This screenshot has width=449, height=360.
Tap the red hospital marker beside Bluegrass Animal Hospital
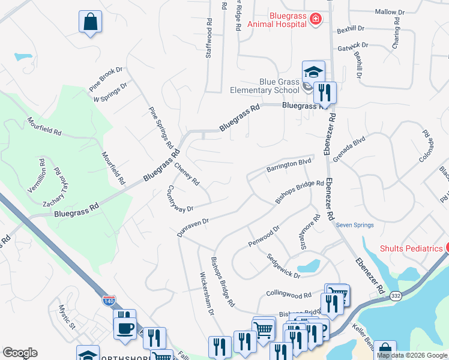pos(315,20)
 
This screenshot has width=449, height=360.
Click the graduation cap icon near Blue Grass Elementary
pos(313,72)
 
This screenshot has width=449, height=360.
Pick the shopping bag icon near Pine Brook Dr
pos(90,22)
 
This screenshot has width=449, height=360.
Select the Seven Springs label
pos(355,225)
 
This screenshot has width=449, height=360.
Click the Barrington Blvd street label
pos(289,165)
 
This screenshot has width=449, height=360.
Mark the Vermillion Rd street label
pos(36,175)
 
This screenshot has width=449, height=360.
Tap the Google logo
pos(20,353)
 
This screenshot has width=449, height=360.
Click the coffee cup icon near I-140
pos(125,328)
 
